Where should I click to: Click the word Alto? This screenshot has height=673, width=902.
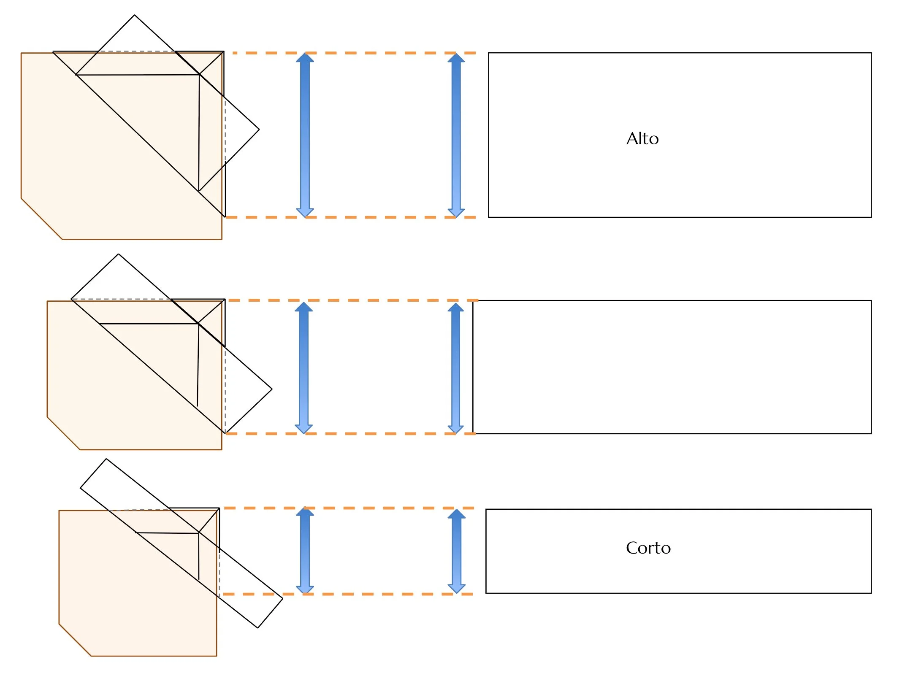point(642,139)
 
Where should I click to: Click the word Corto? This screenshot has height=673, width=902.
point(648,548)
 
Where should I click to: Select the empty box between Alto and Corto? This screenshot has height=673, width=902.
point(672,367)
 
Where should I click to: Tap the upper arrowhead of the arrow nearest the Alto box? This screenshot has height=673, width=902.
point(456,58)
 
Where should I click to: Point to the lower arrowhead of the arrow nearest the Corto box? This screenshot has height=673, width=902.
point(456,588)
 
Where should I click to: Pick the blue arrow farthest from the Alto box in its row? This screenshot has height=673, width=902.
point(305,135)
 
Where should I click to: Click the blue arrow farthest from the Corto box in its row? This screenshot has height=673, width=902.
point(305,551)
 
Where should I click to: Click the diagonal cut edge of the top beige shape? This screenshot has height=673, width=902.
point(41,219)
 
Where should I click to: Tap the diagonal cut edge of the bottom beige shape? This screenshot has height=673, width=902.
point(75,640)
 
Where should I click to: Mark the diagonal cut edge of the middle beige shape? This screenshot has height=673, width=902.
point(63,433)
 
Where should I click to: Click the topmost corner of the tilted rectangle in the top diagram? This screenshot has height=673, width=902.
point(135,15)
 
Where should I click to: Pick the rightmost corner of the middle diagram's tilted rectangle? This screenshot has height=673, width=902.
point(272,389)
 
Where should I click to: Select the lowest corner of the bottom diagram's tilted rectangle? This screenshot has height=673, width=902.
point(258,628)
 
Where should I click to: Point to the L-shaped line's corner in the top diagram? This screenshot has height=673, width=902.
point(199,75)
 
